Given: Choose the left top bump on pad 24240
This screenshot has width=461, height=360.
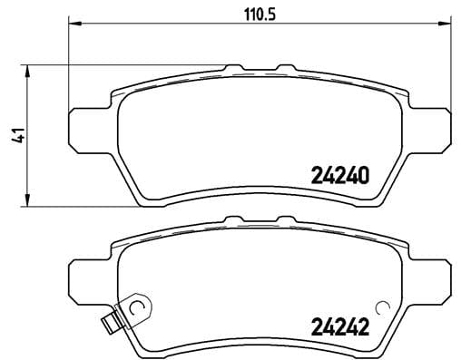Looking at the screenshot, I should coord(234,67).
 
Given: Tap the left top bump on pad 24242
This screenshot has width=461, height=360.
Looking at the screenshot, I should coord(234,219).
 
